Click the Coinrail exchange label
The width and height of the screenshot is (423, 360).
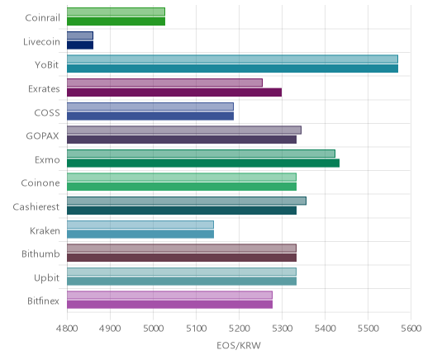tap(42, 18)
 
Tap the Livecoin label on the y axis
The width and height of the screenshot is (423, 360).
tap(41, 42)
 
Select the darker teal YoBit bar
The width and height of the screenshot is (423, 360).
tap(232, 69)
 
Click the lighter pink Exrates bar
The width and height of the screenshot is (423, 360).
tap(164, 83)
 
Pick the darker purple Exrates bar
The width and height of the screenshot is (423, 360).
tap(174, 92)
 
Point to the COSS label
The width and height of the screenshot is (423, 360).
tap(47, 113)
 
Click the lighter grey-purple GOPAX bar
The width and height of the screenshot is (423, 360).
tap(184, 130)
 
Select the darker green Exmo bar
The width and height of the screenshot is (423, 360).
tap(203, 163)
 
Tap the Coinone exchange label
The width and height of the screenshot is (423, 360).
tap(40, 183)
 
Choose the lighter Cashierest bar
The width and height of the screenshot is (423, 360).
tap(187, 201)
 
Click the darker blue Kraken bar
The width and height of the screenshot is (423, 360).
tap(140, 234)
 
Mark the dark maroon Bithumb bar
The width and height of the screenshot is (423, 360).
tap(182, 258)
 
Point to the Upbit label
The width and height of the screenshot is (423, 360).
tap(47, 278)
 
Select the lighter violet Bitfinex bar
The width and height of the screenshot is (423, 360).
tap(169, 296)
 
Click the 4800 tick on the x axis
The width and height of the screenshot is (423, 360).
tap(67, 329)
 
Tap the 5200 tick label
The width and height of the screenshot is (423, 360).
tap(240, 329)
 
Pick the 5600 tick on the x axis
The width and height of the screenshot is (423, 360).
tap(411, 329)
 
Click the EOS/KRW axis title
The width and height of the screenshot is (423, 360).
tap(239, 346)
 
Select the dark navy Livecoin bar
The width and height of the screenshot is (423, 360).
tap(80, 45)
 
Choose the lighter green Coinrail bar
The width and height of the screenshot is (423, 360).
tap(116, 12)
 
